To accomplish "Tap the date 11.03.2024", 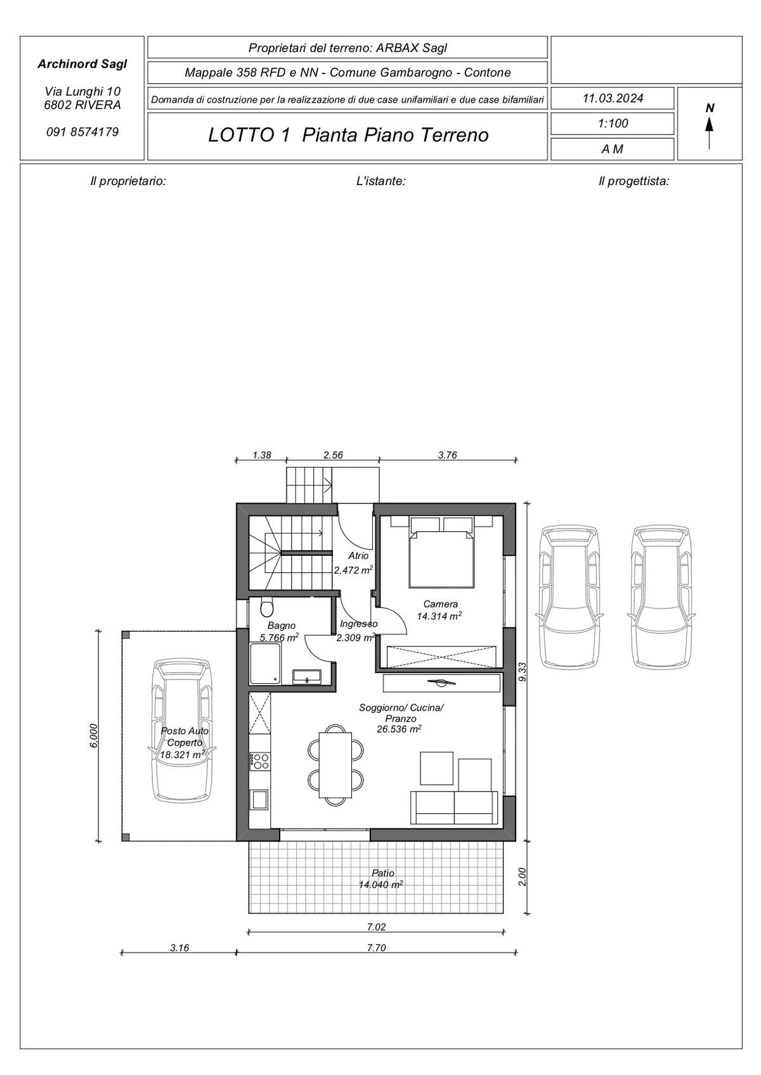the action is point(613,98).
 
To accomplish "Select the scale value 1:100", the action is point(613,124).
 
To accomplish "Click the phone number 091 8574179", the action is point(82,132).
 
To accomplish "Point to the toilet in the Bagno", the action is point(266,608).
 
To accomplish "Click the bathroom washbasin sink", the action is point(307,677).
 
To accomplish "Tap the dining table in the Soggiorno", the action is point(335,765).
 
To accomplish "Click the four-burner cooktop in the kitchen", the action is point(260,760).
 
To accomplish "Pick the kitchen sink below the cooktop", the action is point(260,799).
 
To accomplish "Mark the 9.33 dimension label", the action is point(523,671).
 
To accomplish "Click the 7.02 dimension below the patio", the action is point(377,927).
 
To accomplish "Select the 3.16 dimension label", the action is point(179,948).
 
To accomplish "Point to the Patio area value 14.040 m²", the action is point(380,884).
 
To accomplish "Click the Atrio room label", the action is point(358,556).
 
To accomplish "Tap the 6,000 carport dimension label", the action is point(94,735).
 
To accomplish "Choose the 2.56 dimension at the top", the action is point(333,455).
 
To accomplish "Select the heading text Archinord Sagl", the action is point(82,64).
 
